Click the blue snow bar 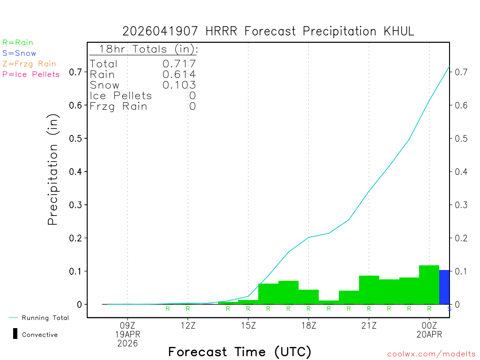click(444, 287)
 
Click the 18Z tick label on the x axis click(308, 324)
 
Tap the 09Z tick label click(127, 324)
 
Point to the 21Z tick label click(369, 324)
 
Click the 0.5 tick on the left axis click(76, 138)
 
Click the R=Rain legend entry click(18, 42)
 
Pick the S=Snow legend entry click(19, 53)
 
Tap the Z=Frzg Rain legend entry click(29, 64)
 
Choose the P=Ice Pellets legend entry click(31, 74)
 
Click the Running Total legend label click(45, 318)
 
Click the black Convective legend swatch click(15, 334)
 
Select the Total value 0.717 click(179, 64)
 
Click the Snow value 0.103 click(179, 85)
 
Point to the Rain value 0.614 click(179, 74)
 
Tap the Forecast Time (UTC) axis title click(240, 352)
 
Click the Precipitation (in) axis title click(53, 171)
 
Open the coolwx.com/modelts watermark click(431, 354)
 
